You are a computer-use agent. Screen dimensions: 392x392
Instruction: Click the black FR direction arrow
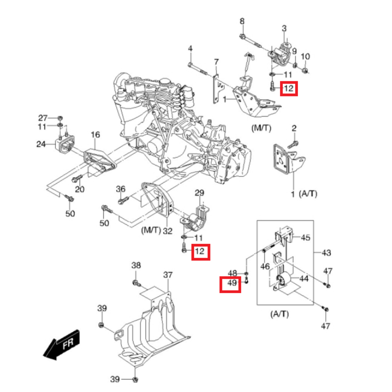62,345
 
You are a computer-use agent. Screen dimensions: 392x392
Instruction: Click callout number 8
242,21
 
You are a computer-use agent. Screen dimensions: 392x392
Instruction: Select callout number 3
284,28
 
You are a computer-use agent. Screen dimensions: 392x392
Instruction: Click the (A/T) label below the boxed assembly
279,314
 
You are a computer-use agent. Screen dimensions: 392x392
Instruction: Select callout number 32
167,231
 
